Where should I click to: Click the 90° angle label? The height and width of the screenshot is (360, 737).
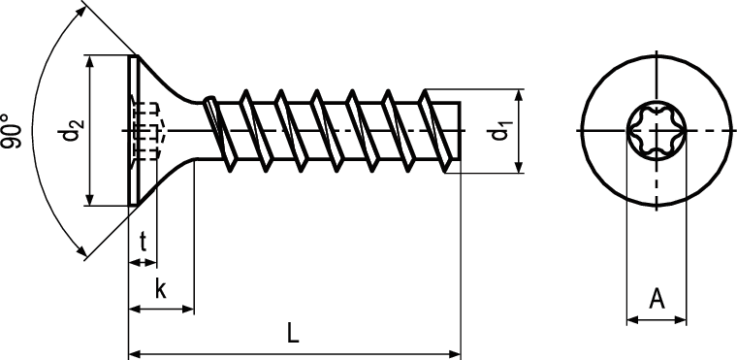point(12,131)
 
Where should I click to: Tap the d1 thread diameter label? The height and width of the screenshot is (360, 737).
point(500,131)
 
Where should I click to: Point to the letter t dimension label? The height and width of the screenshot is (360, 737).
point(143,242)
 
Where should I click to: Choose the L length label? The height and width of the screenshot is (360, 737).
point(293,333)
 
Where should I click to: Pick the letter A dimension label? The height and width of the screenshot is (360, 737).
point(657,298)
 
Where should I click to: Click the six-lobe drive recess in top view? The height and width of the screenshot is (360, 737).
point(657,130)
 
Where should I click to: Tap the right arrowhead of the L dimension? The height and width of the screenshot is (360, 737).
point(455,354)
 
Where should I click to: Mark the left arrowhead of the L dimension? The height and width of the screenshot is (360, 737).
point(135,354)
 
